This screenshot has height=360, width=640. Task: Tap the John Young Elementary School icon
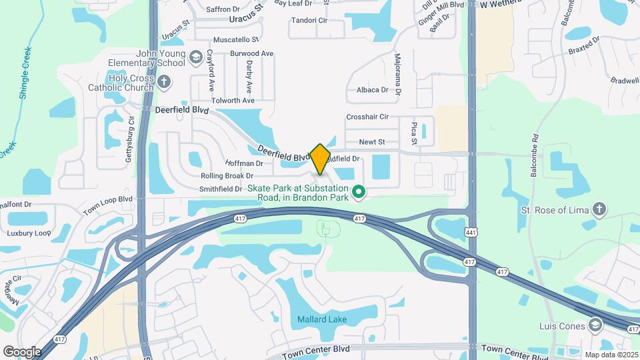195,58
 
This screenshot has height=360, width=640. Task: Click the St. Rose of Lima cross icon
599,211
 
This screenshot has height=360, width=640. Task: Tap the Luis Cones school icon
595,325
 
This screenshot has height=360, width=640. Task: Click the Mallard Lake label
322,319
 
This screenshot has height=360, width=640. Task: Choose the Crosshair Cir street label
367,117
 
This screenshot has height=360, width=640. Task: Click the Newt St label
372,142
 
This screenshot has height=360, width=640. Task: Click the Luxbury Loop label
29,233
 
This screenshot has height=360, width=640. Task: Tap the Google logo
22,351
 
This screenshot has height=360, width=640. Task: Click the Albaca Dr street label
372,89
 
